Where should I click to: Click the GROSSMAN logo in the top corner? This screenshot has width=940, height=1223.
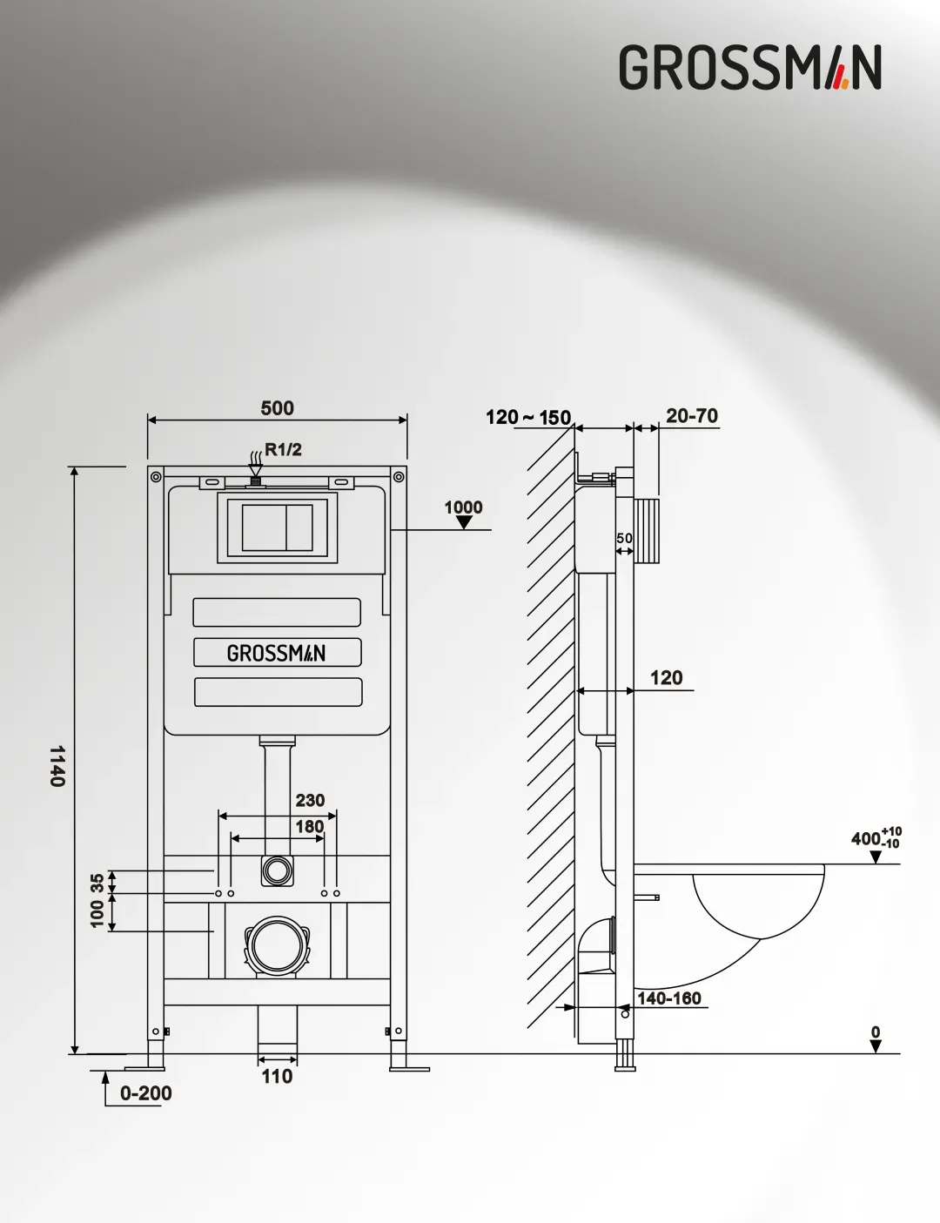point(750,68)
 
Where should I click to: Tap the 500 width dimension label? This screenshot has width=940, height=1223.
point(278,408)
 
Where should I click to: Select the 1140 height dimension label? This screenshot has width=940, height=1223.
point(57,766)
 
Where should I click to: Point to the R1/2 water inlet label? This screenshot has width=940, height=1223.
point(283,449)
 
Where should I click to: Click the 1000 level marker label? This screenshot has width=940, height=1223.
point(464,507)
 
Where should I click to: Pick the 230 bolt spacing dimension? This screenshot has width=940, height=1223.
point(310,800)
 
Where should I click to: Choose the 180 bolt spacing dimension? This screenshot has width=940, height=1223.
point(310,826)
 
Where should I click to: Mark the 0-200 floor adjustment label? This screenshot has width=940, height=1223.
point(145,1093)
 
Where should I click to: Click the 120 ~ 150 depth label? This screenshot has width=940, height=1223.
point(528,418)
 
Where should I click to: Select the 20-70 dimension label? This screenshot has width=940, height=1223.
point(692,416)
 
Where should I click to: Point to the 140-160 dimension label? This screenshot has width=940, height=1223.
point(668,998)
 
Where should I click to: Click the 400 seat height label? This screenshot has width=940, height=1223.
point(876,838)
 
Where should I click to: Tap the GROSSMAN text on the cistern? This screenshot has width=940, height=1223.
point(276,653)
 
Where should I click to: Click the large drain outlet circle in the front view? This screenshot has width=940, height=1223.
point(277,946)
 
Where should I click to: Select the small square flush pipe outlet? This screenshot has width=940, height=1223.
point(277,870)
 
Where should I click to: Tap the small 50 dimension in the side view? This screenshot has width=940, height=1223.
point(624,538)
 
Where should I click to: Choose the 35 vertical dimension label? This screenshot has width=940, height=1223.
point(97,882)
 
